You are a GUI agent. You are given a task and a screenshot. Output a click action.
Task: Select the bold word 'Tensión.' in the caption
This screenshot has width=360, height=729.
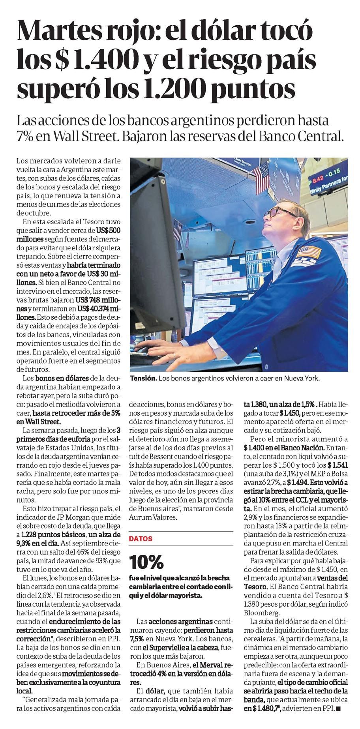tap(143, 378)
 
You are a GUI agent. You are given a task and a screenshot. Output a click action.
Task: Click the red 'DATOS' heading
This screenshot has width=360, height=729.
tap(141, 538)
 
